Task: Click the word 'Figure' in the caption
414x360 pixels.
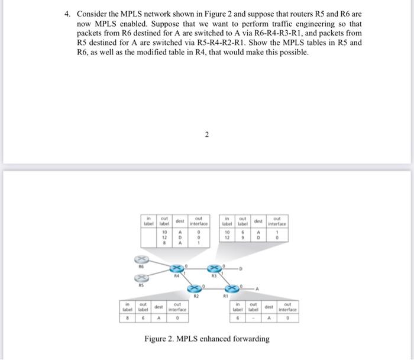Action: (x=157, y=339)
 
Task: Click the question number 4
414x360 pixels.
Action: (x=68, y=14)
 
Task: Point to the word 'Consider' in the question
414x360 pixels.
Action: (x=95, y=14)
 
